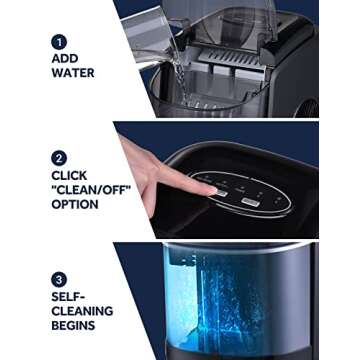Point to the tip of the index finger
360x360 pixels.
[x=208, y=187]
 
